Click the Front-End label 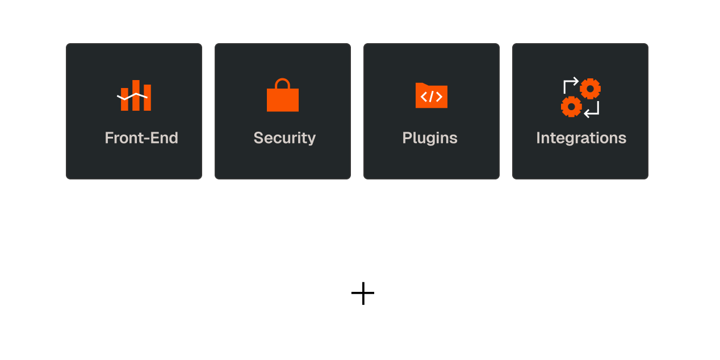pyautogui.click(x=141, y=138)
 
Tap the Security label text pyautogui.click(x=284, y=138)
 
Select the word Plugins pyautogui.click(x=430, y=138)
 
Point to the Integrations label pyautogui.click(x=581, y=138)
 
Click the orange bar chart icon pyautogui.click(x=135, y=97)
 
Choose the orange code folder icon pyautogui.click(x=432, y=95)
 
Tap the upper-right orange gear pyautogui.click(x=591, y=89)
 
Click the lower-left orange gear pyautogui.click(x=571, y=106)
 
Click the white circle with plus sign pyautogui.click(x=363, y=293)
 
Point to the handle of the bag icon pyautogui.click(x=283, y=83)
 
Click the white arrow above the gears pyautogui.click(x=570, y=83)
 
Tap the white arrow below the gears pyautogui.click(x=592, y=111)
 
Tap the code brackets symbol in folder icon pyautogui.click(x=432, y=97)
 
